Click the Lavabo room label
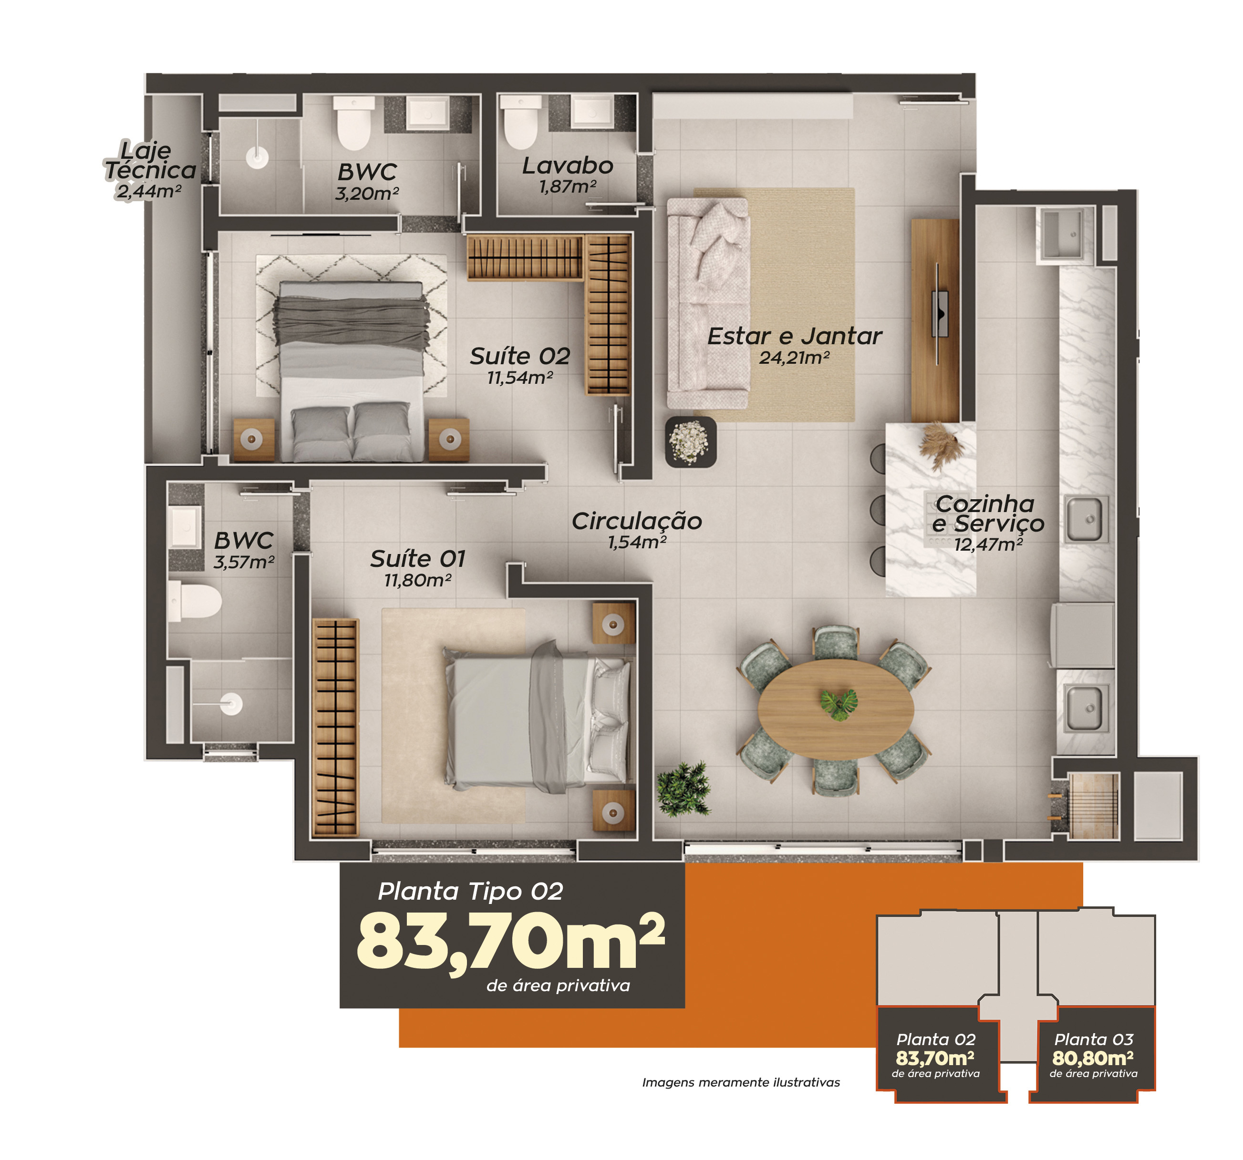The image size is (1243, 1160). pyautogui.click(x=567, y=165)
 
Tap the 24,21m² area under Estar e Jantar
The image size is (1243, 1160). pyautogui.click(x=794, y=358)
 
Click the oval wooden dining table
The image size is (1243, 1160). pyautogui.click(x=836, y=708)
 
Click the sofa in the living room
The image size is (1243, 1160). pyautogui.click(x=708, y=304)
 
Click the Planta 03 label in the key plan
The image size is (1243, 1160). pyautogui.click(x=1094, y=1039)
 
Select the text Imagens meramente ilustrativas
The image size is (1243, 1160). pyautogui.click(x=741, y=1082)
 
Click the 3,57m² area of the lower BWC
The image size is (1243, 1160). pyautogui.click(x=244, y=562)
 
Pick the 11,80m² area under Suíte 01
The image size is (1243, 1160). pyautogui.click(x=418, y=581)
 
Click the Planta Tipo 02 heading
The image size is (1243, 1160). pyautogui.click(x=470, y=891)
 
